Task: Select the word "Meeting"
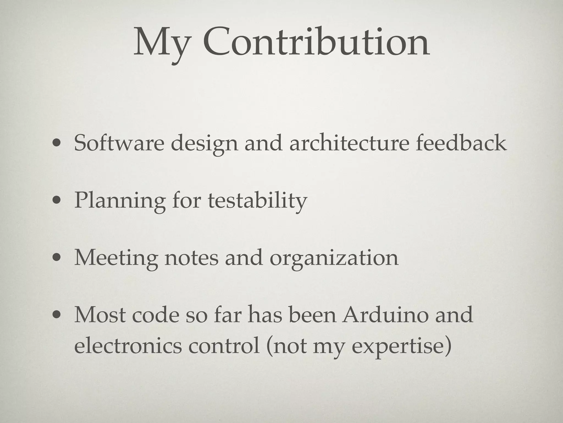click(x=116, y=258)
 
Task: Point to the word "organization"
click(x=334, y=258)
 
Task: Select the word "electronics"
click(x=128, y=346)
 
